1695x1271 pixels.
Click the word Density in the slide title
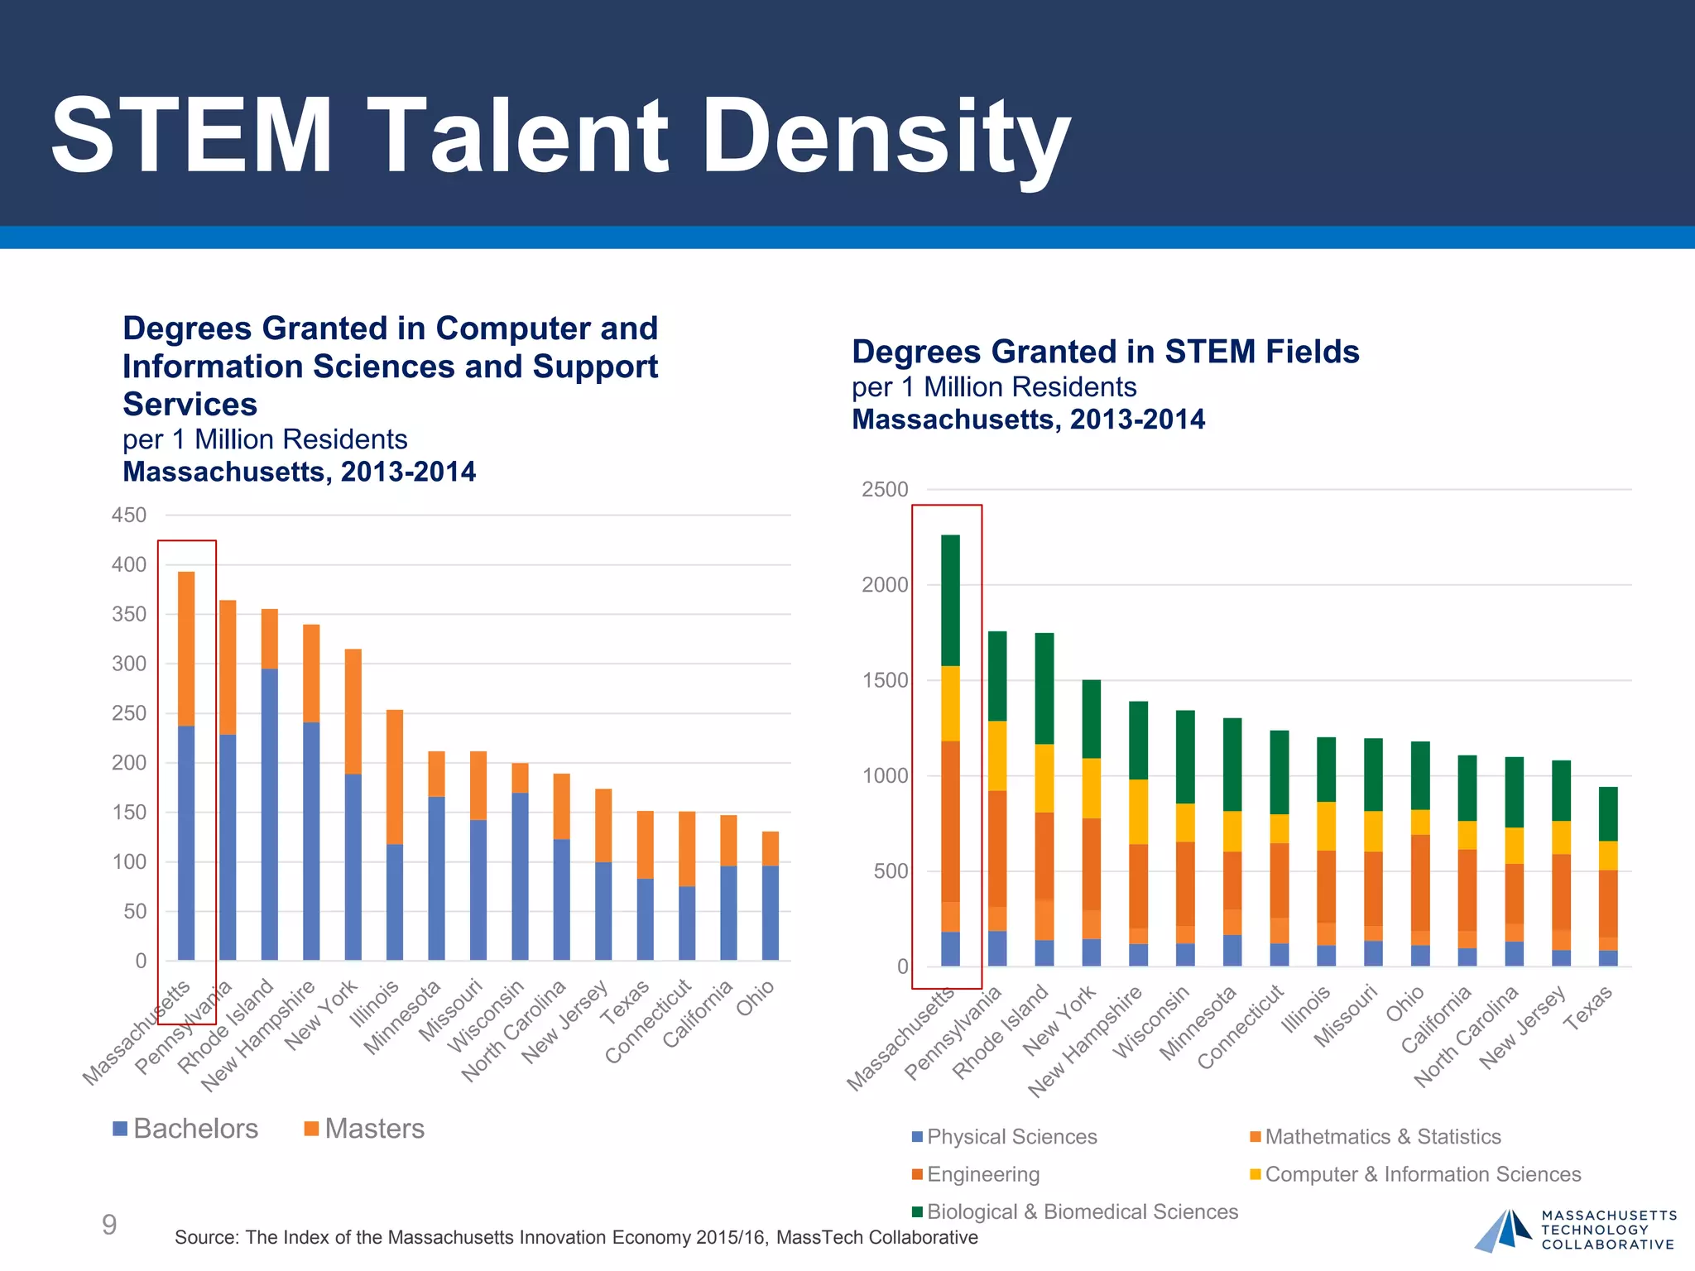tap(886, 137)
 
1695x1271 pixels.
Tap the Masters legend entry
tap(364, 1129)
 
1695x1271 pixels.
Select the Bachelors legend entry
tap(185, 1129)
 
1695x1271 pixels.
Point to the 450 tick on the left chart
tap(129, 515)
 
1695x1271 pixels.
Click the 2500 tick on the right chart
tap(885, 489)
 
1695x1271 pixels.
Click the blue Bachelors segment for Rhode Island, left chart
tap(270, 815)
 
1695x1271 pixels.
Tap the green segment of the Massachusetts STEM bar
tap(950, 600)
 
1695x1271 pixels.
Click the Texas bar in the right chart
tap(1608, 877)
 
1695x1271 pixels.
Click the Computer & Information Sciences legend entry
tap(1415, 1174)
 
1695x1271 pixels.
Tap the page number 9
tap(109, 1225)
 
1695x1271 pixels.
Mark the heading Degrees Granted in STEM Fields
tap(1105, 352)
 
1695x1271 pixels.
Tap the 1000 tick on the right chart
tap(885, 775)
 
